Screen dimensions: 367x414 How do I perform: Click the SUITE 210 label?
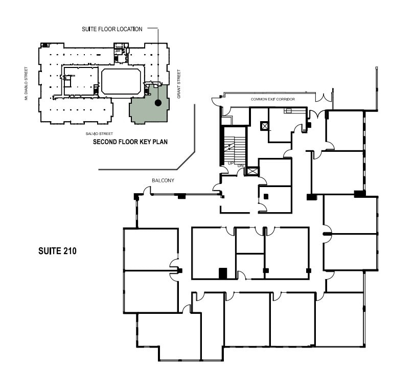coord(57,251)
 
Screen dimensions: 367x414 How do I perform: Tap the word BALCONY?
coord(163,180)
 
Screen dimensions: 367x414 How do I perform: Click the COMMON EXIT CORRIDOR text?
coord(271,99)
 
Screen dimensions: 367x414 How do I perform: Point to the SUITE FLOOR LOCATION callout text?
coord(112,29)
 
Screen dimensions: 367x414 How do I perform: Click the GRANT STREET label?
coord(179,84)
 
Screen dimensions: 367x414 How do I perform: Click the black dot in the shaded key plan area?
coord(158,103)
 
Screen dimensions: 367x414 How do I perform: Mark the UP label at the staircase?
coord(231,163)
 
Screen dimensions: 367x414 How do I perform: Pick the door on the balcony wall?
coord(147,191)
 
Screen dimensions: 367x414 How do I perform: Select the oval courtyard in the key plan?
coord(121,81)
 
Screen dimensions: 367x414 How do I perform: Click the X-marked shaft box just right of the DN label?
coord(252,171)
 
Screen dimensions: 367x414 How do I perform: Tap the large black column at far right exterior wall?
coord(360,194)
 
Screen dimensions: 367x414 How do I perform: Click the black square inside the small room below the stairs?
coord(266,195)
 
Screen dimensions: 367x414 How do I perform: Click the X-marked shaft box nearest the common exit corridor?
coord(264,126)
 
